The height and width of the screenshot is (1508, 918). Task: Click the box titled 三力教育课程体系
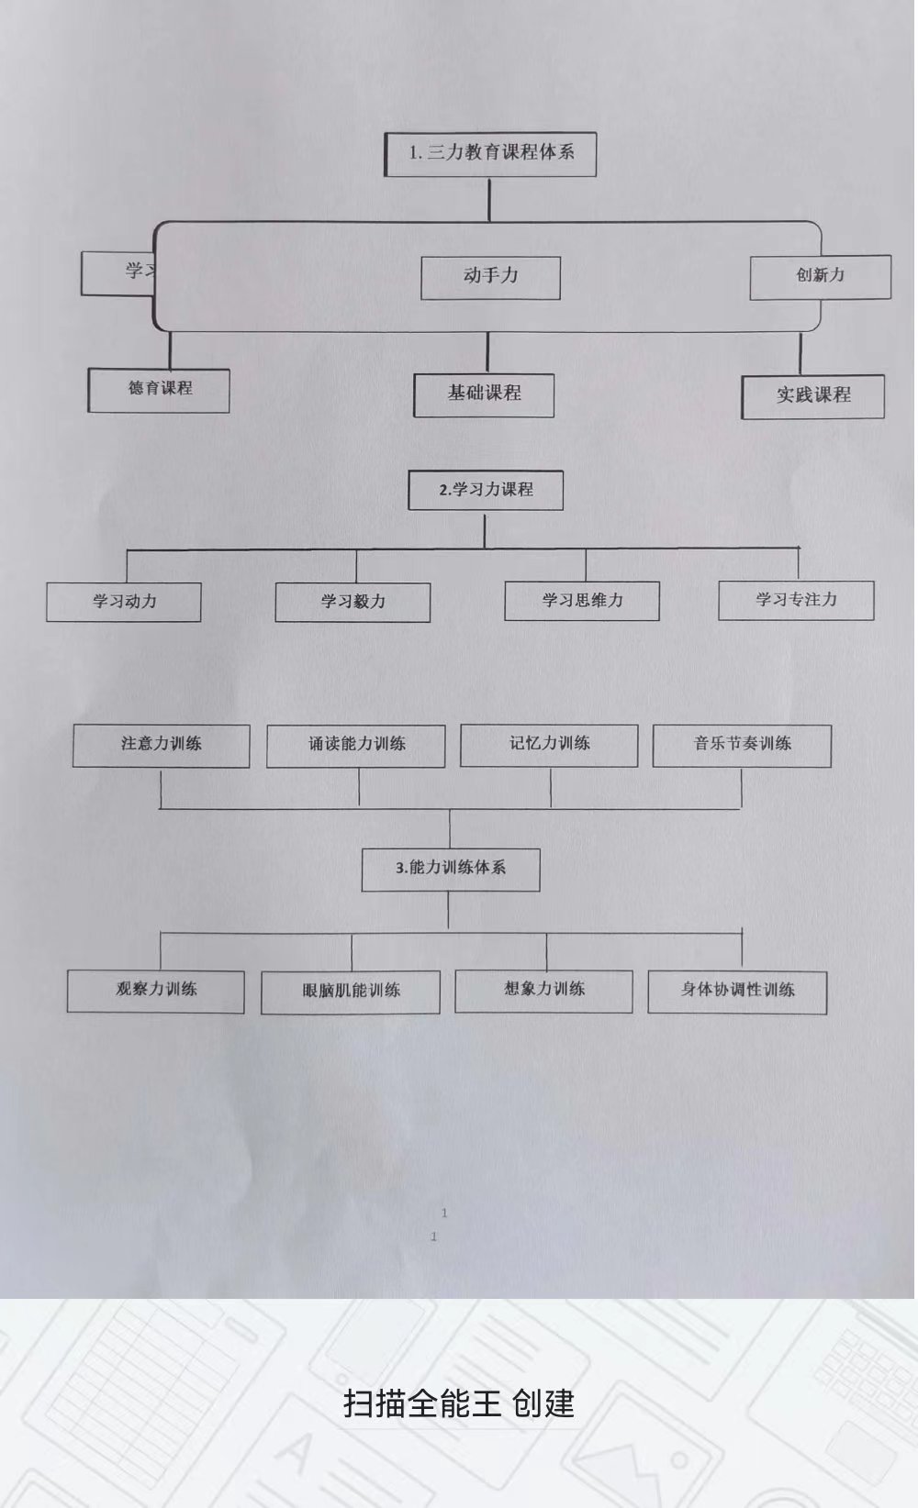click(490, 154)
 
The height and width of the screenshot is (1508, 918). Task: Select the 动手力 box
click(490, 277)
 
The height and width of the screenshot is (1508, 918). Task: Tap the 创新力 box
click(820, 276)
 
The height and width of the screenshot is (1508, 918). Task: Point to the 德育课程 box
click(159, 390)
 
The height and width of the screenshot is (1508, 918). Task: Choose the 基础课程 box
click(484, 395)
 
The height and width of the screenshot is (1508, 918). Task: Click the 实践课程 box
click(812, 396)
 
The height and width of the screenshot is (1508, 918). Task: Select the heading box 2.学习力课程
click(486, 491)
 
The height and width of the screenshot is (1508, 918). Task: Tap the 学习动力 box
click(124, 603)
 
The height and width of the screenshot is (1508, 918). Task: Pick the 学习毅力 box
click(353, 603)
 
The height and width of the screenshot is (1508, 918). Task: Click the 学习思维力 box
click(582, 601)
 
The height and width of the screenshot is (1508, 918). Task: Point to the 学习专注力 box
click(796, 600)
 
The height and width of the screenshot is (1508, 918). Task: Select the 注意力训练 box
click(161, 745)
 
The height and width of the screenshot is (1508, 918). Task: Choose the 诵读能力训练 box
click(356, 745)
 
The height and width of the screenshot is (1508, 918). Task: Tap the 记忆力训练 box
click(549, 745)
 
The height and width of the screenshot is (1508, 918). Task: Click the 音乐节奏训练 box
click(742, 745)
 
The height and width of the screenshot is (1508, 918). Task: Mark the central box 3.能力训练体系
click(451, 869)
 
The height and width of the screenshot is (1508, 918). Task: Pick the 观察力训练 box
click(156, 991)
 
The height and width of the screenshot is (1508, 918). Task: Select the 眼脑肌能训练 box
click(351, 992)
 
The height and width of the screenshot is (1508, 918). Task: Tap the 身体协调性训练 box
click(737, 992)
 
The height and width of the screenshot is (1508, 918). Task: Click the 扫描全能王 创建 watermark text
click(459, 1404)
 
